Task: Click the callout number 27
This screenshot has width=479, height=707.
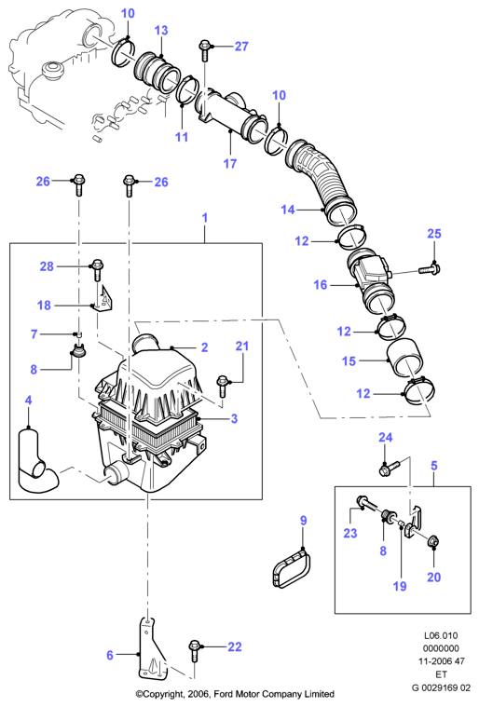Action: [241, 46]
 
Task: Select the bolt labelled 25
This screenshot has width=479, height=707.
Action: [430, 269]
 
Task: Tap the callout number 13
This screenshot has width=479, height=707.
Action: [161, 30]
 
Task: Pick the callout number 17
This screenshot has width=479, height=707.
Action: [230, 163]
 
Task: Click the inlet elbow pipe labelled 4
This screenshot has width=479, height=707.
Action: [36, 462]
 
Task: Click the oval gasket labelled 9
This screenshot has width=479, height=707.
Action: [292, 568]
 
